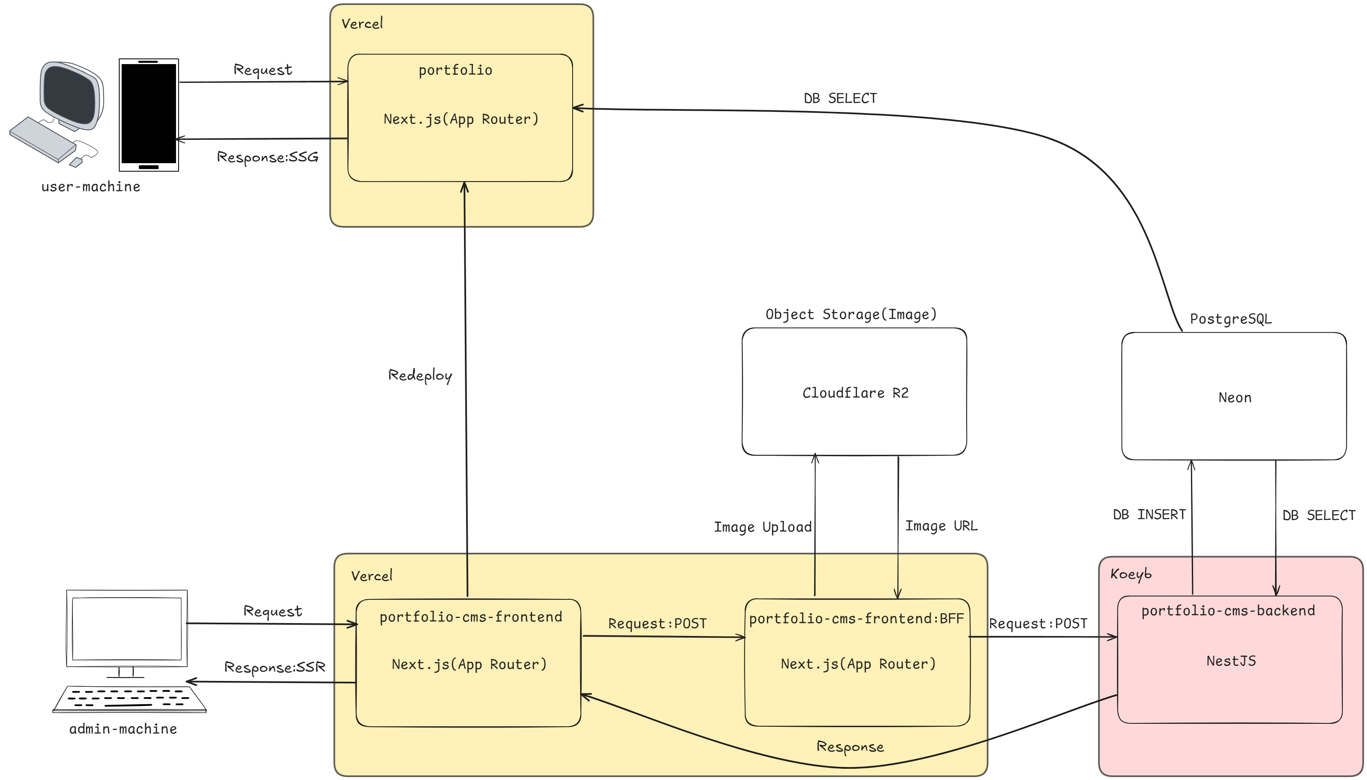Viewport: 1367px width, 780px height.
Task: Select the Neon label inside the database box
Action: pos(1234,397)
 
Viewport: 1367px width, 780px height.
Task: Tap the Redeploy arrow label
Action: pos(420,375)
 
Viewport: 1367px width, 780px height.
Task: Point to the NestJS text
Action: pos(1231,661)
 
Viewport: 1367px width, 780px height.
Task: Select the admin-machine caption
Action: pos(123,729)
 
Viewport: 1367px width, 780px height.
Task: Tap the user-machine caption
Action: pos(90,186)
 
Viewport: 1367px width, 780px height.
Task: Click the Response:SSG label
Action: pos(267,157)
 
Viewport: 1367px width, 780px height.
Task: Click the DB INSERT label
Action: pos(1149,514)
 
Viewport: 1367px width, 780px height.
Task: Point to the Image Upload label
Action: pos(762,527)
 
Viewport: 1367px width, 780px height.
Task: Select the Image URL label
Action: pos(941,526)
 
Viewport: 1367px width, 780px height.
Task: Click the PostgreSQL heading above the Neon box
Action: pos(1230,319)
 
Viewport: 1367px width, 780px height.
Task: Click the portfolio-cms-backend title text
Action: pos(1228,611)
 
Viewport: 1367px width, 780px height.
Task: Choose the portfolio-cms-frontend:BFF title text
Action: pos(856,619)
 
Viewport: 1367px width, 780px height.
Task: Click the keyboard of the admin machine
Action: pos(129,699)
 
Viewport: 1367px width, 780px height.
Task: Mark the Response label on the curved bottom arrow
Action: pos(849,747)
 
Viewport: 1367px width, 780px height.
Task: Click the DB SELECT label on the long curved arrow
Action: pos(840,99)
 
